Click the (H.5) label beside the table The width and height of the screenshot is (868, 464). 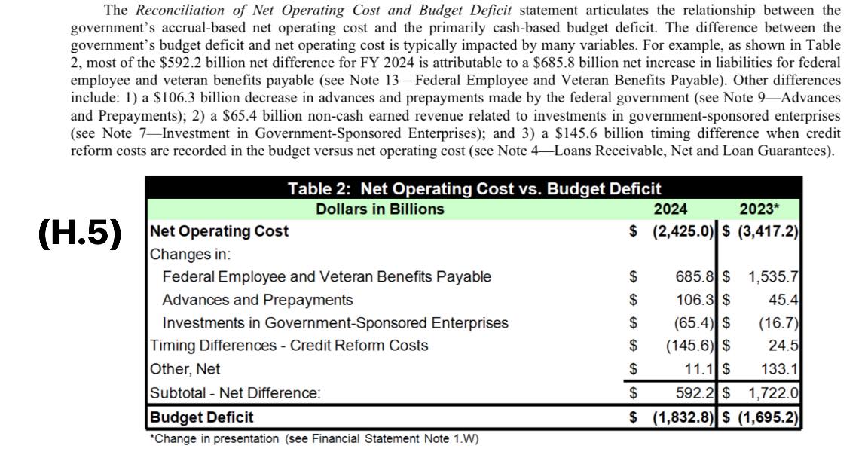pos(80,234)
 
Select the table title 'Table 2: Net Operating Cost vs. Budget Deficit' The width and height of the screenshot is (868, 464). pos(474,188)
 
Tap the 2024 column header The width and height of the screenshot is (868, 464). pos(670,209)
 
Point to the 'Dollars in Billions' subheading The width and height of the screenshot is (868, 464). pos(380,209)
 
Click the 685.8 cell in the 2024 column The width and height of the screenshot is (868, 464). pos(694,277)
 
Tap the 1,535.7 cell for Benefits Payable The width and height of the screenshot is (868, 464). pos(772,277)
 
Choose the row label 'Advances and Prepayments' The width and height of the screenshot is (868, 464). pos(257,300)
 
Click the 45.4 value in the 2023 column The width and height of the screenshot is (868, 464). pos(783,300)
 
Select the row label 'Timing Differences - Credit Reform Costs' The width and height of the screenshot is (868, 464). pos(289,346)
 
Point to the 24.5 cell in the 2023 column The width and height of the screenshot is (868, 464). pos(783,346)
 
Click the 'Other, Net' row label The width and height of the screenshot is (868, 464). pos(185,369)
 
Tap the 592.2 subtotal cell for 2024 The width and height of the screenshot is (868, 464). pos(694,392)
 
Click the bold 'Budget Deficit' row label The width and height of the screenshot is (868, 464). pos(202,417)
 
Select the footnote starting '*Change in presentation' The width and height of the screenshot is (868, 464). pos(314,439)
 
